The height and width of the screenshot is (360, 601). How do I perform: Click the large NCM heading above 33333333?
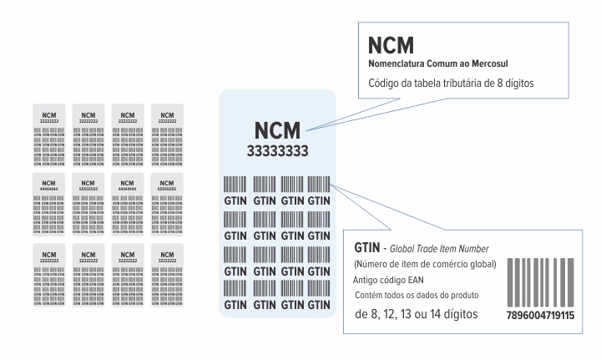tap(277, 130)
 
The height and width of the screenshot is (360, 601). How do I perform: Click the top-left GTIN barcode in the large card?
tap(235, 185)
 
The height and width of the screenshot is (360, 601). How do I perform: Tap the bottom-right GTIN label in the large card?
tap(319, 305)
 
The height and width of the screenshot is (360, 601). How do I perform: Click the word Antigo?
tap(368, 280)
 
